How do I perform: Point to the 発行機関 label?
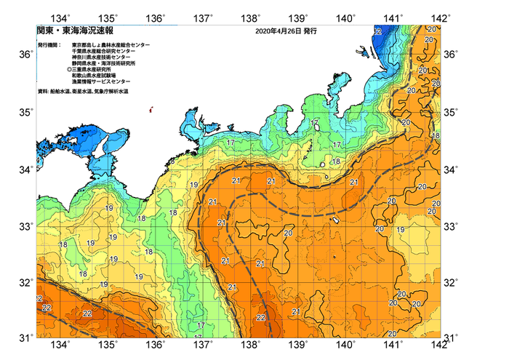52,45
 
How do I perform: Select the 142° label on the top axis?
440,17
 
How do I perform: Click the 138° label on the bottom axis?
251,345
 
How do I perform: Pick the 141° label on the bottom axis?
393,345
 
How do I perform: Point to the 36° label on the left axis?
25,55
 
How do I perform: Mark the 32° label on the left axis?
25,282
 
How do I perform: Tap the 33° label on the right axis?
451,226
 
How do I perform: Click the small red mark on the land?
151,111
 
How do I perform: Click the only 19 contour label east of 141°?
401,230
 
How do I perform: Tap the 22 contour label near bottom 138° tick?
260,317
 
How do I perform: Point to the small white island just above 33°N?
337,220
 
